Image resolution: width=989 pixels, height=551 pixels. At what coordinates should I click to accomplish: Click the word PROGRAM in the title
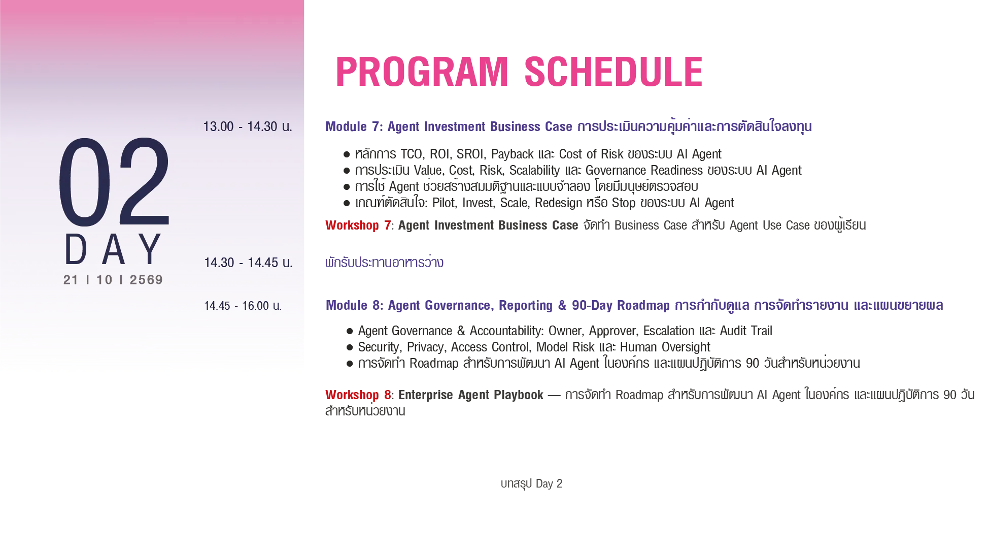pos(422,72)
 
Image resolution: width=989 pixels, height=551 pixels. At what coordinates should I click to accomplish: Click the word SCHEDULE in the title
pos(613,72)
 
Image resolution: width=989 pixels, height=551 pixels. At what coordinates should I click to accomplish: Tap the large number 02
pos(114,181)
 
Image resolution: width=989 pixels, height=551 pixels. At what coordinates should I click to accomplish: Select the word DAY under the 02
pos(113,249)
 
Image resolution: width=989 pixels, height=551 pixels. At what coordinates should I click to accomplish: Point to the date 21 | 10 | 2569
pos(113,280)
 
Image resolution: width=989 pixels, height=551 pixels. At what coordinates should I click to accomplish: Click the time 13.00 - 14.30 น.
pos(248,126)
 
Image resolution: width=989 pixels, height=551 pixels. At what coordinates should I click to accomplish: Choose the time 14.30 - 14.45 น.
pos(248,263)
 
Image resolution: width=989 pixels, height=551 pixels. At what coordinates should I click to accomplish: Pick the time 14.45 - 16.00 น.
pos(243,306)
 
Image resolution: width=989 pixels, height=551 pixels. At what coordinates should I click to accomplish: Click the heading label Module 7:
pos(354,126)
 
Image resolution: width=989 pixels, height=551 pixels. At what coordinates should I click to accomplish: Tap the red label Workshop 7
pos(358,225)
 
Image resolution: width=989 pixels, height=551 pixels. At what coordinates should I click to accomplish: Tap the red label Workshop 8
pos(358,395)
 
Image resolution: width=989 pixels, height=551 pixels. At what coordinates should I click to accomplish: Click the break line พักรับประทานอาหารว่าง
pos(384,263)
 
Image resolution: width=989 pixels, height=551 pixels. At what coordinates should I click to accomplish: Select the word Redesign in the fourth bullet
pos(559,203)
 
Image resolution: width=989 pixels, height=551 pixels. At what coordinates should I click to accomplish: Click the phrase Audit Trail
pos(746,331)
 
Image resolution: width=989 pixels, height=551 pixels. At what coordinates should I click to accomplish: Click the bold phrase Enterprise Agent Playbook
pos(471,395)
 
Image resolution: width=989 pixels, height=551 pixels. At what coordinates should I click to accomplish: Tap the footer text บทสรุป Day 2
pos(531,483)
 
